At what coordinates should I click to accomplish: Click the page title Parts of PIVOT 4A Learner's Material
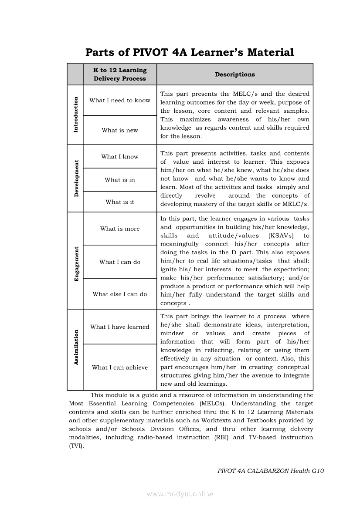click(190, 53)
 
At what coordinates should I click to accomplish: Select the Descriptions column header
click(235, 74)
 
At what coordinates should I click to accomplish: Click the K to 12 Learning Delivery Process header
click(120, 74)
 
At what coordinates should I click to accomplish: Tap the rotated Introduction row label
click(76, 115)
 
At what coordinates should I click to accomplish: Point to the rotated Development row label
click(76, 179)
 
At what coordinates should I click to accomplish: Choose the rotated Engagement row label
click(76, 264)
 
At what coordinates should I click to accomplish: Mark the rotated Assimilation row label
click(76, 347)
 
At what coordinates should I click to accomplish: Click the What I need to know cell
click(120, 100)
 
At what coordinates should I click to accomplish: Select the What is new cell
click(120, 130)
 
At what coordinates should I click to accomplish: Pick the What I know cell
click(120, 157)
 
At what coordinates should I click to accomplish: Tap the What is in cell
click(120, 180)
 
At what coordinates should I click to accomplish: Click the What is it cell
click(120, 202)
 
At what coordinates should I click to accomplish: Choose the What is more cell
click(120, 229)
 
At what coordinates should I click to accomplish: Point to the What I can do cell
click(120, 262)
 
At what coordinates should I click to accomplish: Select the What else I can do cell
click(120, 294)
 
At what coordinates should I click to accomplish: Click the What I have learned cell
click(120, 327)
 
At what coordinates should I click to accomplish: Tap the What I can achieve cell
click(120, 367)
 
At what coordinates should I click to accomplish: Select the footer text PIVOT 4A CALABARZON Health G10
click(271, 471)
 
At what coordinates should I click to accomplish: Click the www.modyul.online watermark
click(180, 494)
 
